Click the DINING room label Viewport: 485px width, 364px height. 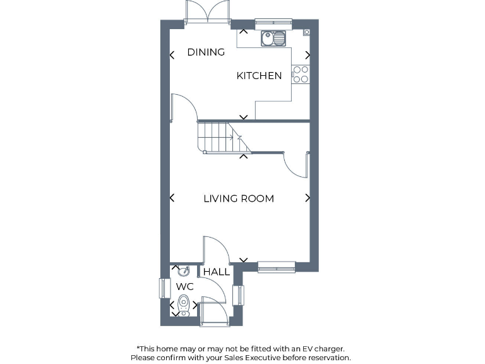(x=206, y=52)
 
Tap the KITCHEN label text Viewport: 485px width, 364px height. (x=259, y=76)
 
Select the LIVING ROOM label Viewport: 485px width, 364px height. (x=239, y=198)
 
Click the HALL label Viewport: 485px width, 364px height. (x=217, y=272)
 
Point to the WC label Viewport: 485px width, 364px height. (x=184, y=287)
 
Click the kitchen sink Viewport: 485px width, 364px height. (x=273, y=39)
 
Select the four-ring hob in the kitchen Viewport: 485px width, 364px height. (x=301, y=75)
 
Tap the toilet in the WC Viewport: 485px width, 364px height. (x=183, y=306)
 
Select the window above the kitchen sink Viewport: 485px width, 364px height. (x=273, y=25)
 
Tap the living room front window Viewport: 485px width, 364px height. (x=277, y=267)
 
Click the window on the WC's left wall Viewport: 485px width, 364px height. (x=161, y=288)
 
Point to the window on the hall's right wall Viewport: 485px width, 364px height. (x=239, y=295)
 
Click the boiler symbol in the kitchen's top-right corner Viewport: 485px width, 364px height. (x=306, y=32)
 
